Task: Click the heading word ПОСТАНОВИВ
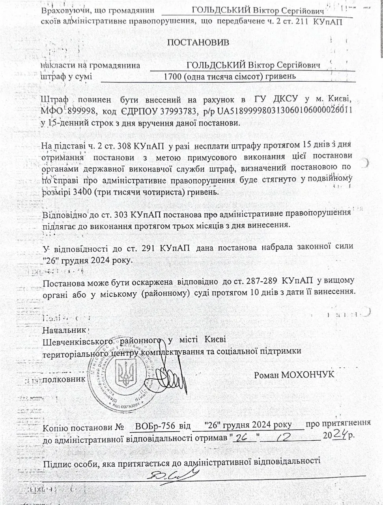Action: click(x=198, y=43)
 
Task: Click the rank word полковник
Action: click(x=64, y=380)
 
